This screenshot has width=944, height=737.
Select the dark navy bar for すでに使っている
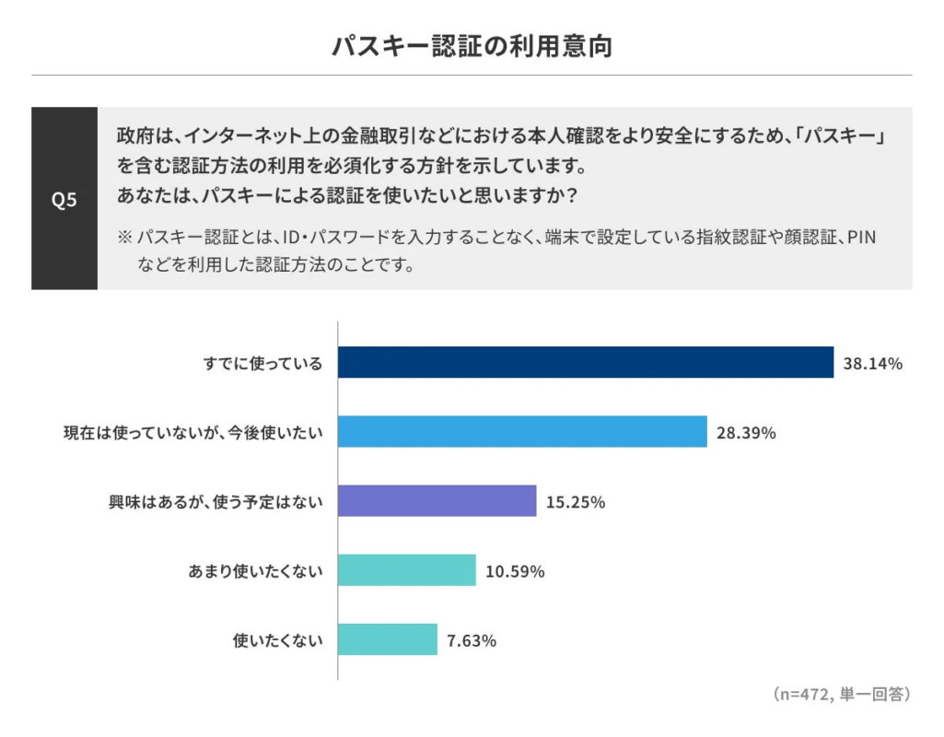click(585, 363)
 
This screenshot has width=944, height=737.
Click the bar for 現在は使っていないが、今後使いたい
click(522, 431)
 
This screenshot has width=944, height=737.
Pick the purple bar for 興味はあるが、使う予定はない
click(437, 501)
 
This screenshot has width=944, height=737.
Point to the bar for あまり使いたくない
click(406, 570)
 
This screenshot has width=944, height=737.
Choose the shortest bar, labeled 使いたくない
click(387, 639)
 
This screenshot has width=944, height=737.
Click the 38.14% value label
click(872, 363)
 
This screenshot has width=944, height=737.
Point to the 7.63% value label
click(472, 640)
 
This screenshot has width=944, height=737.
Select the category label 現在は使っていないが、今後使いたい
click(192, 432)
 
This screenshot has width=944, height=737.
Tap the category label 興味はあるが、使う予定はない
click(216, 502)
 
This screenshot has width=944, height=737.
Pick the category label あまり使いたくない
click(255, 571)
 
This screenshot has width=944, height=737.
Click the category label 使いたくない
click(277, 640)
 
